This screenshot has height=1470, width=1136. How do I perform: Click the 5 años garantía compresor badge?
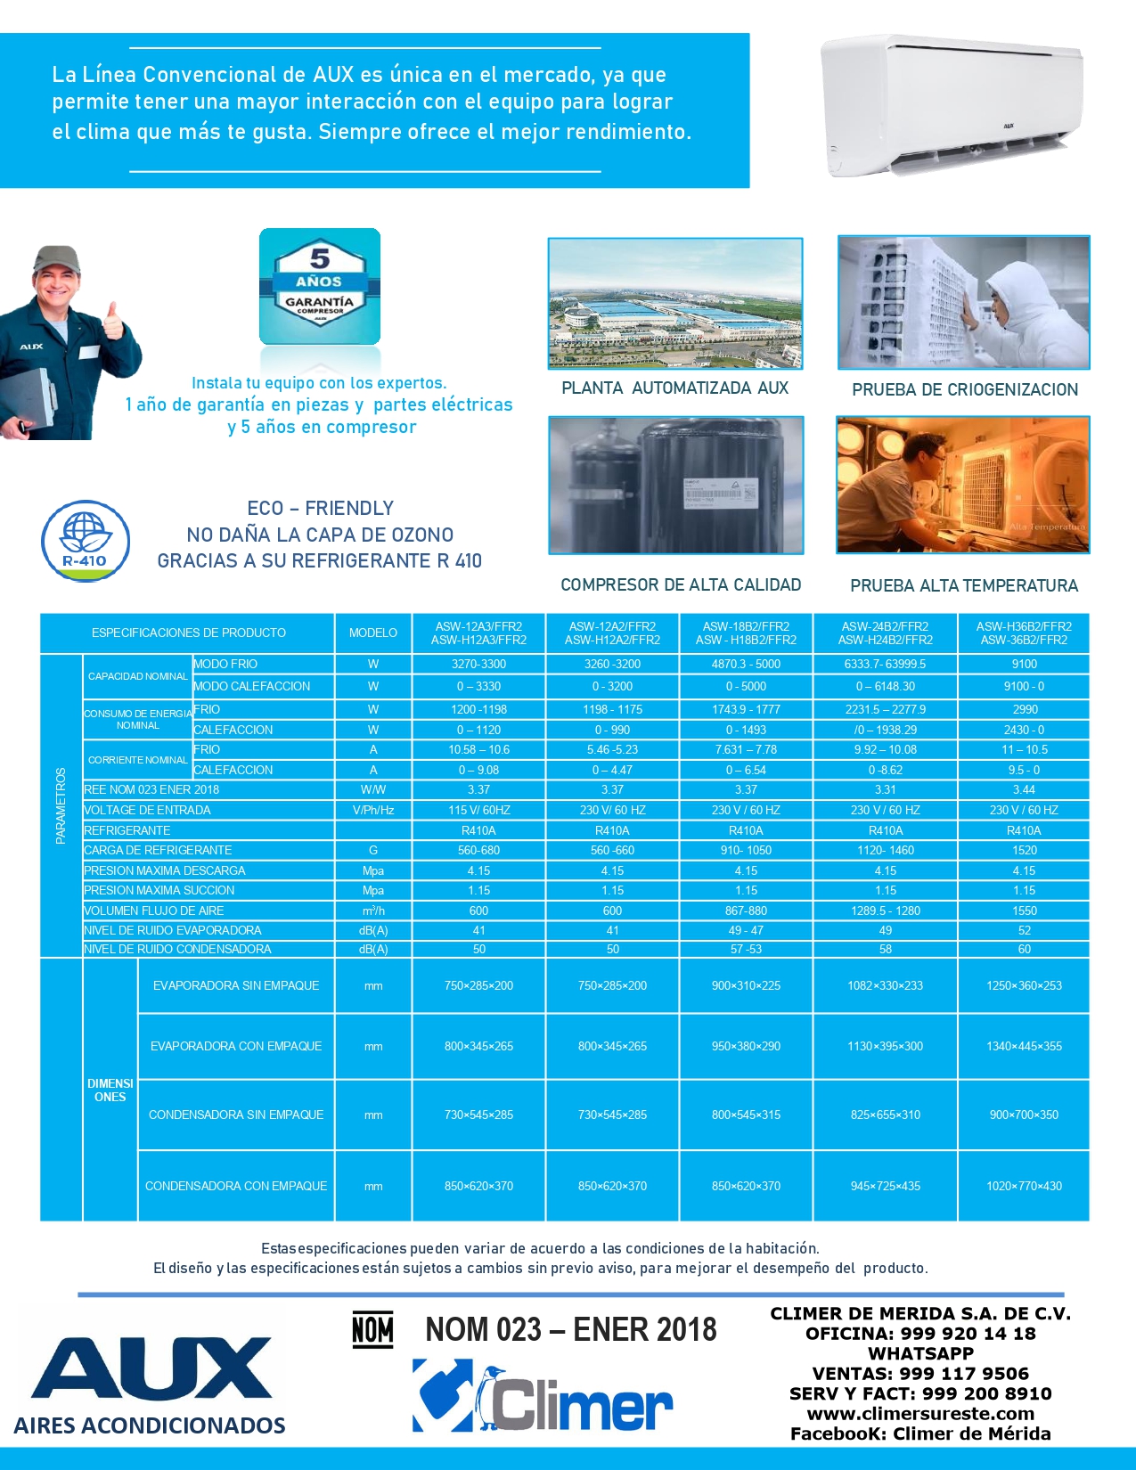[320, 287]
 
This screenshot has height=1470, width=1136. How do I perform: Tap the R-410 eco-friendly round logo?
[86, 542]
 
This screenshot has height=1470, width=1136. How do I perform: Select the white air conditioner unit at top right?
[952, 105]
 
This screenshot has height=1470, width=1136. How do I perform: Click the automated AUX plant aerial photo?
[675, 303]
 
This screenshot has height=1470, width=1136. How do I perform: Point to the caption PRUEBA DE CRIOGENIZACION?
[965, 389]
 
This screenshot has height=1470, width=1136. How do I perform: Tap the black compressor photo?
[675, 485]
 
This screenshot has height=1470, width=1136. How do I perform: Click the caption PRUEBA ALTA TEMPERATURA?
[964, 585]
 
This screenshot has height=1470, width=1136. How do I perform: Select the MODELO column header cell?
[373, 633]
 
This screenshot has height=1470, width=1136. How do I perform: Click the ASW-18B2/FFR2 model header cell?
[746, 633]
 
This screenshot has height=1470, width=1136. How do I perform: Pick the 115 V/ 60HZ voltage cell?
[479, 810]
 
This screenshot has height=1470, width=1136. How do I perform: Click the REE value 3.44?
[1024, 789]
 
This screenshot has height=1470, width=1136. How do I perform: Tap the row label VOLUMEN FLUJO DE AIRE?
[154, 911]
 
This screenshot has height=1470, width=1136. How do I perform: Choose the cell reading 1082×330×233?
[885, 985]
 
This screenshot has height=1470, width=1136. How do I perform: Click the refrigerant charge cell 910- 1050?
[746, 850]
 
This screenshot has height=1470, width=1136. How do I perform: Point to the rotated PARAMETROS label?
[61, 805]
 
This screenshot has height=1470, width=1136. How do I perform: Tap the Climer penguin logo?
[542, 1396]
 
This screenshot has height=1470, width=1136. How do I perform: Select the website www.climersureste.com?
[920, 1414]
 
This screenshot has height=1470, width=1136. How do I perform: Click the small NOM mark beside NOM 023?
[372, 1330]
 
